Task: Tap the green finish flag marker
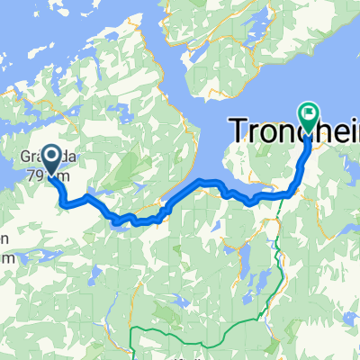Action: coord(309,114)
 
